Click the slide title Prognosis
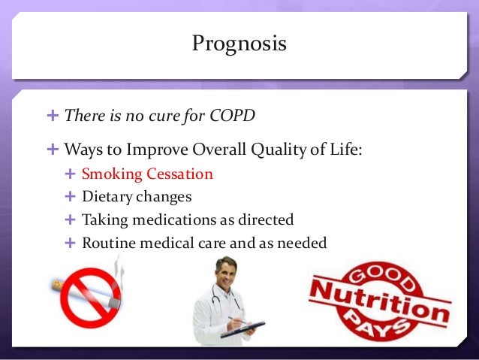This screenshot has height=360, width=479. coord(239,44)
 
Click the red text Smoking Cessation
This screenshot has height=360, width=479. coord(147,174)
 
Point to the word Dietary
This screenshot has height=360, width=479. coord(104,197)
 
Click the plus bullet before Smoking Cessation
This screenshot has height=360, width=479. coord(71,174)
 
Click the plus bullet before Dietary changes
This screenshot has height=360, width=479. coord(71,197)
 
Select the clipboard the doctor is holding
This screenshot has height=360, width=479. coord(243,328)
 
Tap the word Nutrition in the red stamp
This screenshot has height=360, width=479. coord(381,298)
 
